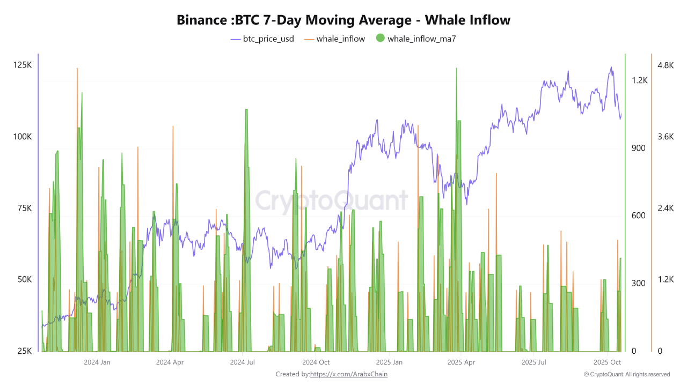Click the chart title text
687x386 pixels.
343,20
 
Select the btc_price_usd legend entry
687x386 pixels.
262,39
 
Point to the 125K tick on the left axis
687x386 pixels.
23,65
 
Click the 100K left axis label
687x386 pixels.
23,137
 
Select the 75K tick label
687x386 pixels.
24,209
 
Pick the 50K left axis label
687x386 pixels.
24,280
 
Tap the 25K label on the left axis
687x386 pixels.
24,351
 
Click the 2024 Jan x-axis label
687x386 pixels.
97,362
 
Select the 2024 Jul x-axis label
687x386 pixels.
242,362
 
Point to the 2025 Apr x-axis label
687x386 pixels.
461,362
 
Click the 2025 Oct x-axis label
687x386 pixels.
607,362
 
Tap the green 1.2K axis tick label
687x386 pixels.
640,80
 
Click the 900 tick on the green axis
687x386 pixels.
639,148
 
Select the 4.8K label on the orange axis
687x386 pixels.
665,65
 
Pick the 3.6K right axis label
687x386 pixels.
665,137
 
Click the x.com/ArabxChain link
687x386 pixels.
349,374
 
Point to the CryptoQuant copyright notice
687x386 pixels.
627,374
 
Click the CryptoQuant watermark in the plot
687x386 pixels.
331,201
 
